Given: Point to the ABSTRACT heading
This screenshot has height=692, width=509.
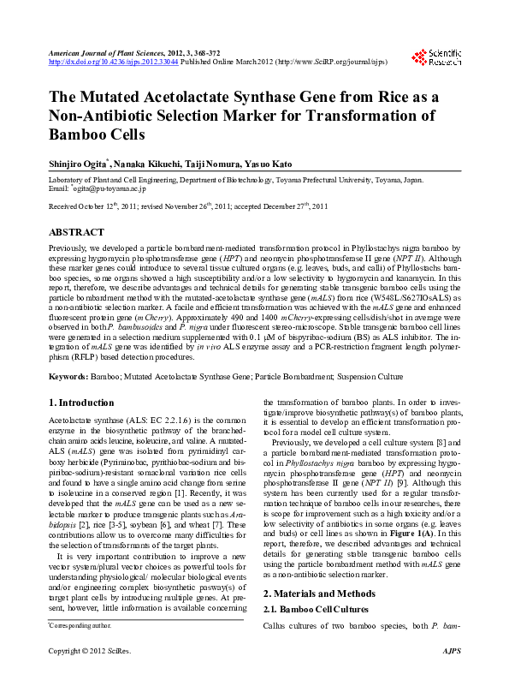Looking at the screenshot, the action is pos(77,232).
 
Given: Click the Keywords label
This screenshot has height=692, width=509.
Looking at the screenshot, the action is pos(68,377).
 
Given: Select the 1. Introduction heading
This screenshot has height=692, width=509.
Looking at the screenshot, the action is pos(81,403).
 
